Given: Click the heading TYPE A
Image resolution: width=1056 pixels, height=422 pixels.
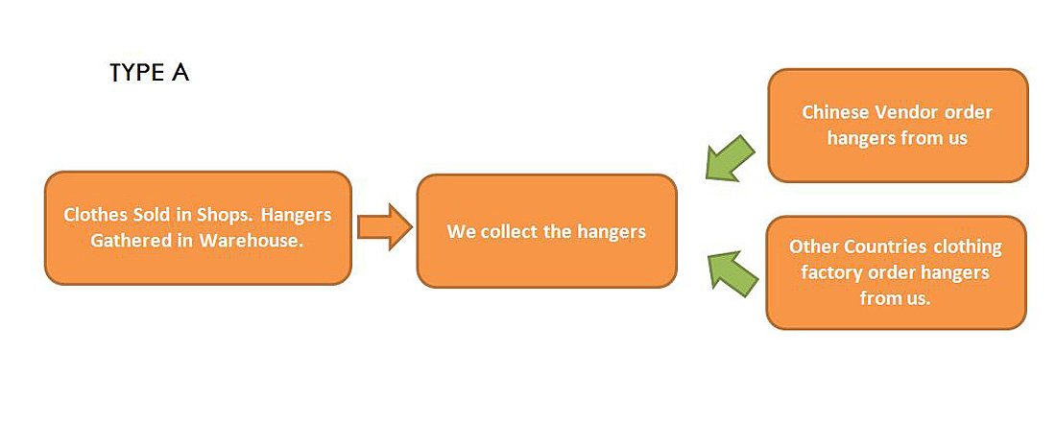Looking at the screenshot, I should (x=149, y=74).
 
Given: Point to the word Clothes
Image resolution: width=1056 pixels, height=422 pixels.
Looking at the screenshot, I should (x=94, y=215).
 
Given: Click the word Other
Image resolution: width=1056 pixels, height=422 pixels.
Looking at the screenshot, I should (x=812, y=246).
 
